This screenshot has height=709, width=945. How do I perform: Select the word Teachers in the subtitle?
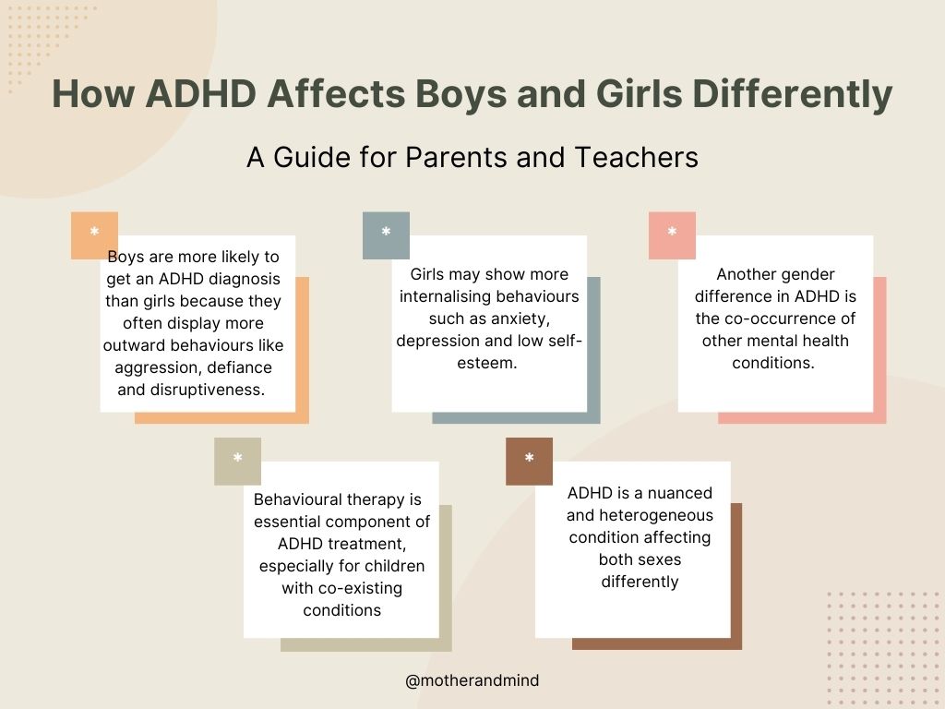637,157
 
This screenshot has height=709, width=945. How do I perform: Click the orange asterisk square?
94,235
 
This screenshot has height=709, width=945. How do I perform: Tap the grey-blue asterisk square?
386,235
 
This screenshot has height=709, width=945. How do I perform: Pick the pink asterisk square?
672,235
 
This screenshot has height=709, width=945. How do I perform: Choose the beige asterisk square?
237,462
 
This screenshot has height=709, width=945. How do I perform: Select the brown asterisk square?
529,462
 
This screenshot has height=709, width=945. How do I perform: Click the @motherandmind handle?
472,680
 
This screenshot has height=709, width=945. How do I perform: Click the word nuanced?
680,493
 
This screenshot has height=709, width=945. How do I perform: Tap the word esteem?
487,363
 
